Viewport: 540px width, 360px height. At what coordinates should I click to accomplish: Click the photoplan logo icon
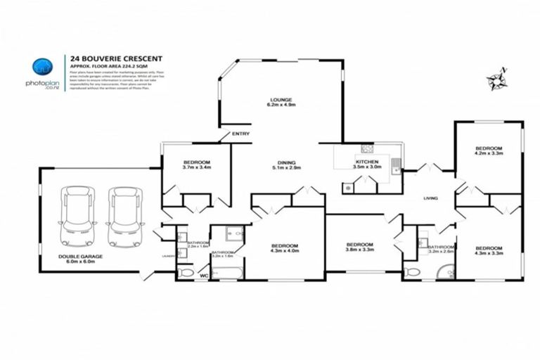pyautogui.click(x=42, y=67)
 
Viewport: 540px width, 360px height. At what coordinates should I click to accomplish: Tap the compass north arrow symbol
pyautogui.click(x=501, y=79)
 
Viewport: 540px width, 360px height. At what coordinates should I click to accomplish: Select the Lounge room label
pyautogui.click(x=281, y=102)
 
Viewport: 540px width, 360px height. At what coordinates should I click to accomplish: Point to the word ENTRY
pyautogui.click(x=240, y=134)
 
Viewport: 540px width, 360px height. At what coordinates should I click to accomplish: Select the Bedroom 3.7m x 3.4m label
pyautogui.click(x=197, y=165)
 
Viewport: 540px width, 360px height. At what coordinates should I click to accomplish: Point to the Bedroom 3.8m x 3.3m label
pyautogui.click(x=359, y=247)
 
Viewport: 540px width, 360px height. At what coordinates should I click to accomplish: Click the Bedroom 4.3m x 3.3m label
pyautogui.click(x=489, y=250)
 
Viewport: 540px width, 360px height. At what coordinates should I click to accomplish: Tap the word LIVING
pyautogui.click(x=430, y=198)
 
